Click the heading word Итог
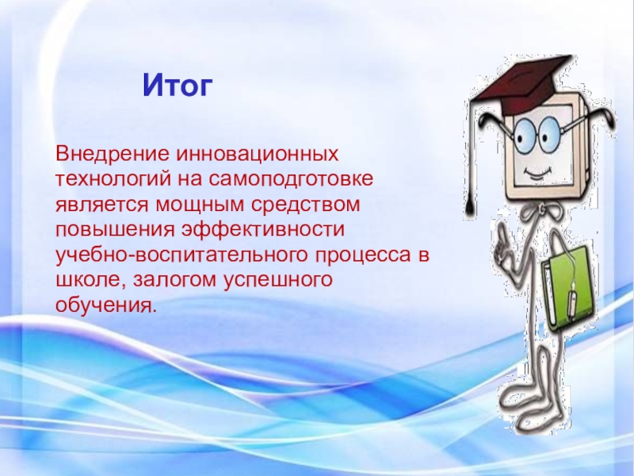click(178, 85)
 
